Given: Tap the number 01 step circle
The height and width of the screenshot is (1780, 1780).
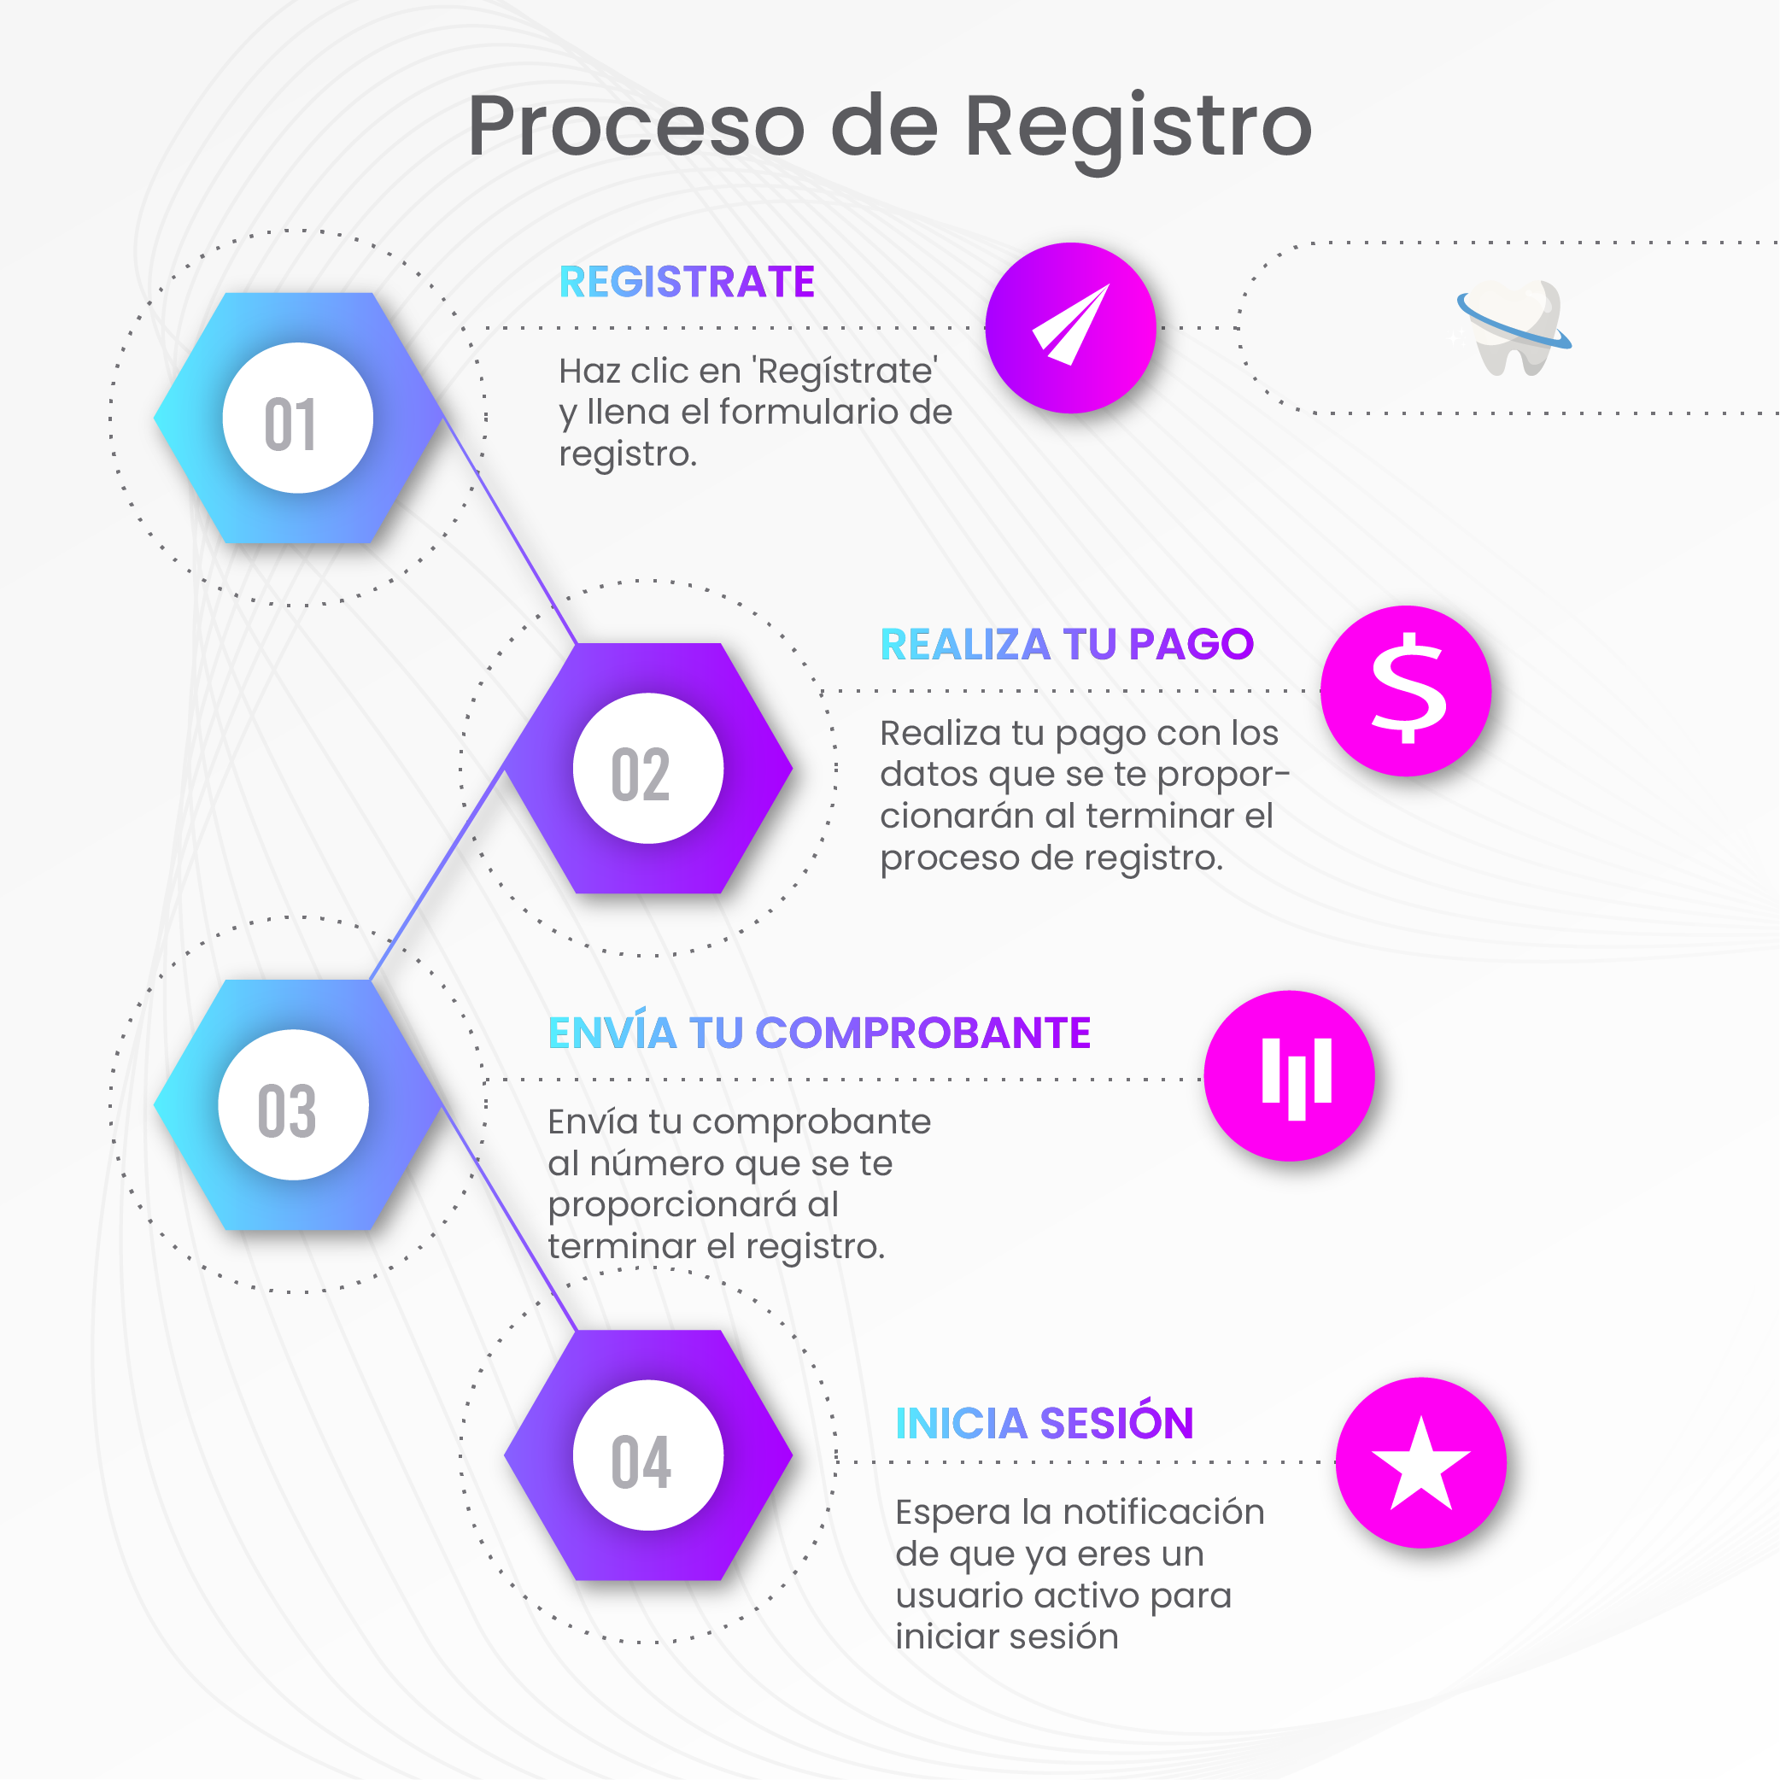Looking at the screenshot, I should [x=296, y=419].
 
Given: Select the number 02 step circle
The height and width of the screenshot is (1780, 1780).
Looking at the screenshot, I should [x=647, y=769].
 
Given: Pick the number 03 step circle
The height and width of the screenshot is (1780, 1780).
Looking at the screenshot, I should [x=293, y=1104].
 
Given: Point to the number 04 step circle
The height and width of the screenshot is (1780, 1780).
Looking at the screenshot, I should [x=647, y=1455].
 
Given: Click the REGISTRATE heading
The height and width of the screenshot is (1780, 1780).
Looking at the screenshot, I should [x=687, y=282].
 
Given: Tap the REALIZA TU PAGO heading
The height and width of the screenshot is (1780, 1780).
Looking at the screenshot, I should [x=1066, y=644].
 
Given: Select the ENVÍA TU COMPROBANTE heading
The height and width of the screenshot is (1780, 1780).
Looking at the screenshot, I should [x=819, y=1033].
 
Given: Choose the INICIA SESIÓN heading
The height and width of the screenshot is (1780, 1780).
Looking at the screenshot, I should [x=1044, y=1424].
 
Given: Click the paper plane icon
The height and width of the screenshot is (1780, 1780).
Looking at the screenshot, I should [x=1070, y=327].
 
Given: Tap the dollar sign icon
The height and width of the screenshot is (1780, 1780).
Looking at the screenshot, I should [x=1406, y=690].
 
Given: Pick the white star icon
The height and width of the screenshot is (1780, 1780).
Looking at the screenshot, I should [x=1420, y=1463].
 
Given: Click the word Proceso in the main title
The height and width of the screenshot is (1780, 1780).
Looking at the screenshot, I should [x=635, y=127].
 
